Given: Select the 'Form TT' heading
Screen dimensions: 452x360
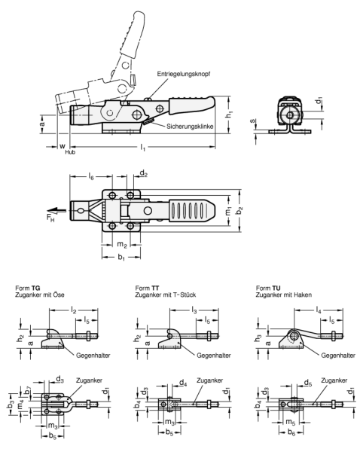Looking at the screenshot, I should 145,287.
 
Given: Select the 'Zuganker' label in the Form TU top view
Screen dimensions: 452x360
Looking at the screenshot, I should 332,380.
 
